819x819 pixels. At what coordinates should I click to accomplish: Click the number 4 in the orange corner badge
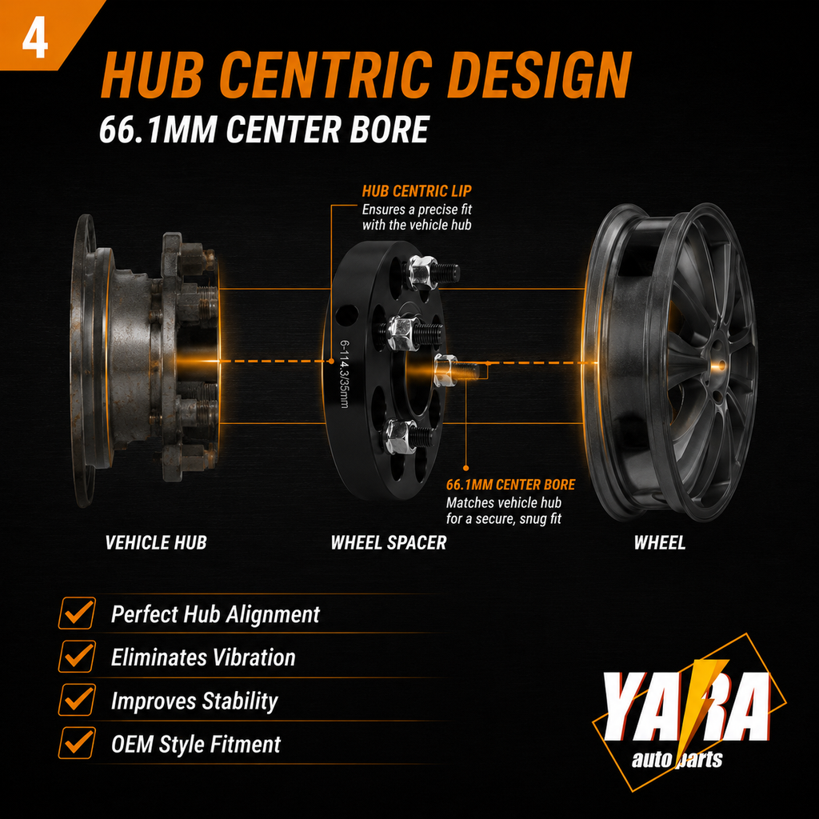(x=35, y=40)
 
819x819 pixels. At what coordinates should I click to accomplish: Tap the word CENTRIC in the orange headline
(x=326, y=74)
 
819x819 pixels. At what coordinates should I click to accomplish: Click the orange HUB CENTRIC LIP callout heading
(x=416, y=191)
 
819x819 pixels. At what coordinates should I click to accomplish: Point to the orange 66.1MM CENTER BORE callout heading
(x=510, y=485)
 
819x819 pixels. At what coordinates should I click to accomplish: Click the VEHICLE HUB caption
(x=156, y=543)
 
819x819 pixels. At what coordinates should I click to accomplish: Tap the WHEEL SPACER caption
(x=389, y=543)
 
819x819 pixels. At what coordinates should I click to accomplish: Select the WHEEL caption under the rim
(x=660, y=543)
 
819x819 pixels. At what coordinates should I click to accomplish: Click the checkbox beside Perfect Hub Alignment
(x=78, y=613)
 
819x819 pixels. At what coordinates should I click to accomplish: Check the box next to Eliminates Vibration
(x=78, y=657)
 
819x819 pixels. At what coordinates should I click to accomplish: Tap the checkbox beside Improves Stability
(x=78, y=700)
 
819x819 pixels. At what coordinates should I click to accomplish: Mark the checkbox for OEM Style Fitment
(x=78, y=743)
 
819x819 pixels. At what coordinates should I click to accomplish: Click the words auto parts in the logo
(x=677, y=760)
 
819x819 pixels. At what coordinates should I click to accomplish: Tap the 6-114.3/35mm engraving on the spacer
(x=344, y=374)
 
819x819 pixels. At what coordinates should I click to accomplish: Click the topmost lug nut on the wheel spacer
(x=422, y=272)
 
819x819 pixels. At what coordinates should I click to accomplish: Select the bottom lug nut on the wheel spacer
(x=399, y=436)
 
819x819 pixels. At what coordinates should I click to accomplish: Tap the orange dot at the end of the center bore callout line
(x=466, y=469)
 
